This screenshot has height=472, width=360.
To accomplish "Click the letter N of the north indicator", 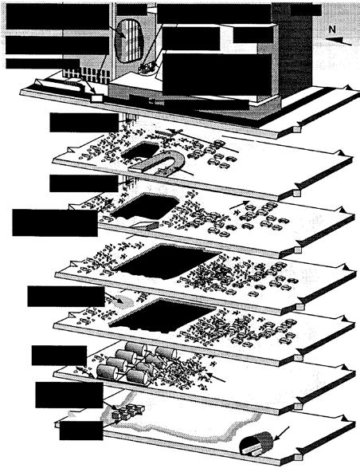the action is coord(332,29).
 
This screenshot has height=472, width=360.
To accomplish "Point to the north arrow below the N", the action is coord(338,41).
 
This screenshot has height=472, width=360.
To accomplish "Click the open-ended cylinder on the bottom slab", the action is coord(256,442).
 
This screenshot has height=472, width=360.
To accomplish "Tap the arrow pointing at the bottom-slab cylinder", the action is coord(283,433).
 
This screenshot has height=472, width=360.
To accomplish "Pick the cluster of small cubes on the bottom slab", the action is coord(127,411).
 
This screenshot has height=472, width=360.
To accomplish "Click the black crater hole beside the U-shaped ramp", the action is coord(140,151).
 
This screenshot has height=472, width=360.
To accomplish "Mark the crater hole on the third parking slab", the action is coord(167,261).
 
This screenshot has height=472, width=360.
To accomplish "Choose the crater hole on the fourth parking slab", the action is coord(162,316).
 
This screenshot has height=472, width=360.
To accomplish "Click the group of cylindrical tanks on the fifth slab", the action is coord(132,363).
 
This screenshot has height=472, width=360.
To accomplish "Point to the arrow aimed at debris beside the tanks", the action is coord(215,377).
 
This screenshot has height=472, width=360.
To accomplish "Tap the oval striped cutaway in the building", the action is coord(129,41).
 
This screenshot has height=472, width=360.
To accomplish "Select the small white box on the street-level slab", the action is coord(96,98).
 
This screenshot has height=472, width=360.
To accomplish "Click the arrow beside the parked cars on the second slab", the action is coord(240,205).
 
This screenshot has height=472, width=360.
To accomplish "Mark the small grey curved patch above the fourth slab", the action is coord(123,301).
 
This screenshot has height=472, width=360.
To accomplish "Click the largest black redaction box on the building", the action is coord(217,74).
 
